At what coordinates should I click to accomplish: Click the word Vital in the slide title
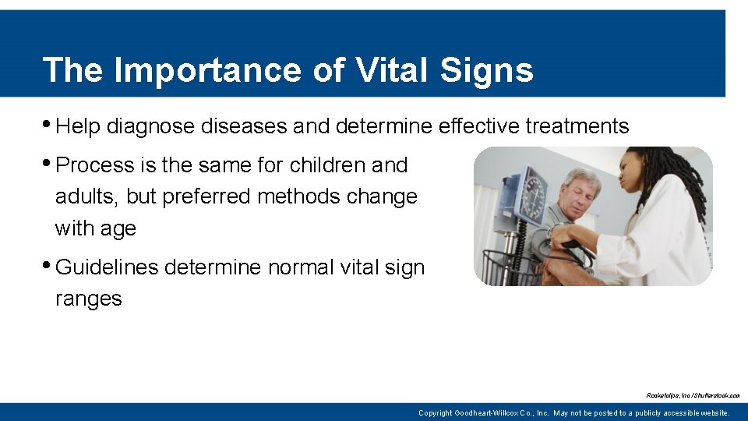coord(392,69)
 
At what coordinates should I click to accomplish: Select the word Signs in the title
coord(486,69)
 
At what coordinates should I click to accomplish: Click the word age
coord(118,229)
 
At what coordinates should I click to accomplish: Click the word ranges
coord(88,299)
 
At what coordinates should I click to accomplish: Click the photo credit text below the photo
coord(693,395)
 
